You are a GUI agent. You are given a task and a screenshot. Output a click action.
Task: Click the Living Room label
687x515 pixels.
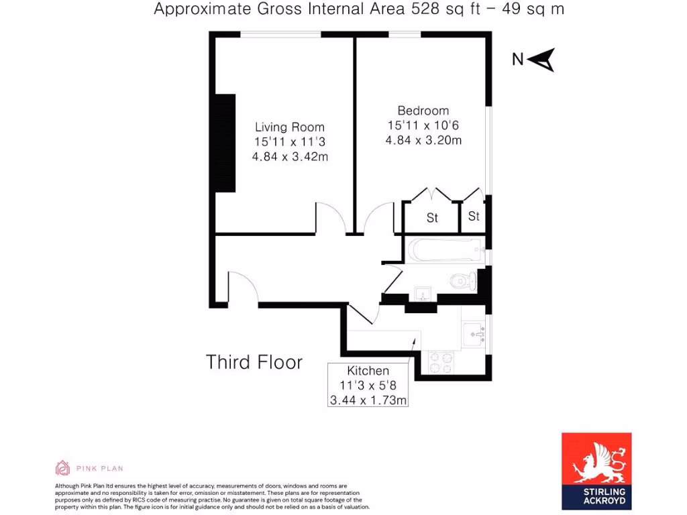point(289,127)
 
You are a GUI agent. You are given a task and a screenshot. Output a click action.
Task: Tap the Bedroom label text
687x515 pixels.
point(423,111)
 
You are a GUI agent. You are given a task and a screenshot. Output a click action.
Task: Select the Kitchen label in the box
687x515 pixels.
point(368,371)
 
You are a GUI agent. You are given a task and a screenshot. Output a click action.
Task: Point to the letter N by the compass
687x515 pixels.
point(517,60)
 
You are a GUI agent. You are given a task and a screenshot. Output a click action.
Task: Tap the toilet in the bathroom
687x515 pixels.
point(462,280)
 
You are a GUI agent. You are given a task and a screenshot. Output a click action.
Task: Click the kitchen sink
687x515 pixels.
point(474,331)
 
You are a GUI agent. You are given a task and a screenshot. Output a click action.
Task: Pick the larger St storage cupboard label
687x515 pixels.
point(432,218)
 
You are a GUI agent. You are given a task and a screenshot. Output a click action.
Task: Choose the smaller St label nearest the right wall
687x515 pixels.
point(474,217)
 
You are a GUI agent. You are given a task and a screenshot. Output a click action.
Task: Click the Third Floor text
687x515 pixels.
point(254,363)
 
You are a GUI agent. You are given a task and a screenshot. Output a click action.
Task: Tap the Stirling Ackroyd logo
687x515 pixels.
point(596,467)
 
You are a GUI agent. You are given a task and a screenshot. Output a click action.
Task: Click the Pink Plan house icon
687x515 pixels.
point(62,468)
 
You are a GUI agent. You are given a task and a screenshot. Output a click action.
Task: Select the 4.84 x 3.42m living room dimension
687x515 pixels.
point(290,157)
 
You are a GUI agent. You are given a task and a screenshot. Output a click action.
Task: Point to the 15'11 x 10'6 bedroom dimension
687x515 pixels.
point(423,125)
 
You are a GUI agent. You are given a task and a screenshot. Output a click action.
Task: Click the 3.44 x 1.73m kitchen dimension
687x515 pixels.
point(368,400)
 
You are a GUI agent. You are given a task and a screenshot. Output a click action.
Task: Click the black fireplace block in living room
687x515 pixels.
point(225,142)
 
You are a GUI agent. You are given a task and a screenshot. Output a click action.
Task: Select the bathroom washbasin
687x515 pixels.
point(422,293)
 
